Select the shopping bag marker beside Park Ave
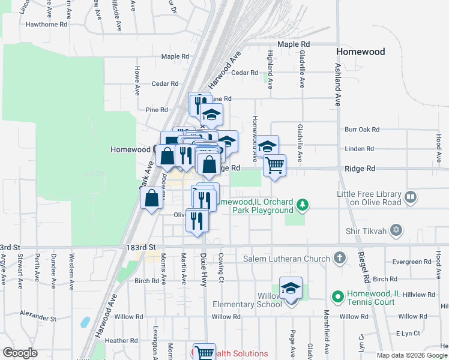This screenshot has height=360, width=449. click(152, 197)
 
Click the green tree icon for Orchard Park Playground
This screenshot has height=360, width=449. click(303, 206)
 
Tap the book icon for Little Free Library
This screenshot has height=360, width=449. click(411, 196)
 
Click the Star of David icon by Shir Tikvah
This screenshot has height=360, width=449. click(396, 230)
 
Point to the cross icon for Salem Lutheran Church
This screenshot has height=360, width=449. click(340, 259)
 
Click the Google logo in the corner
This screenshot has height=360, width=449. click(20, 353)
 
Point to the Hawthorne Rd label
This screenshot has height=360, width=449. click(46, 25)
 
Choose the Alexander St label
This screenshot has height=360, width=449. click(37, 313)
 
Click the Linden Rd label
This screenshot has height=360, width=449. click(360, 149)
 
